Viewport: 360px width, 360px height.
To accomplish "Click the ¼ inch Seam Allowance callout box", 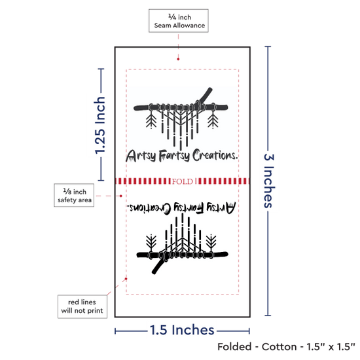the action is [179, 21].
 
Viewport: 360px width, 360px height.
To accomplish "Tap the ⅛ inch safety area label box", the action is [74, 195].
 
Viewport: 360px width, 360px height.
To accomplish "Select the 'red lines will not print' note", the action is [82, 306].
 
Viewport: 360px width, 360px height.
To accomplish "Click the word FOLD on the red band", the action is [183, 181].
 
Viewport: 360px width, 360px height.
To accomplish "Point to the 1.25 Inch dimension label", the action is [100, 125].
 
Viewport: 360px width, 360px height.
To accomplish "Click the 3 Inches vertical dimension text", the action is [268, 181].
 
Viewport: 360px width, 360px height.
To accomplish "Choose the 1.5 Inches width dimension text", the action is [182, 330].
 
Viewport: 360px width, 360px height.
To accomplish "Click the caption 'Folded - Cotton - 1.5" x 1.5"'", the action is [286, 347].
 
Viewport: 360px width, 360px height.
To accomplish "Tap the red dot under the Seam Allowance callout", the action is [178, 59].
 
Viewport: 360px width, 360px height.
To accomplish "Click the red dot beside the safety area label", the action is [121, 196].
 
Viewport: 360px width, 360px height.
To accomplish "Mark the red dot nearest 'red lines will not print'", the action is [126, 279].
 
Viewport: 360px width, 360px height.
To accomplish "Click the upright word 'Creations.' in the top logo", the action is [215, 155].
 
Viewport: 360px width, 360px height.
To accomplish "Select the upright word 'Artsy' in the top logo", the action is [141, 156].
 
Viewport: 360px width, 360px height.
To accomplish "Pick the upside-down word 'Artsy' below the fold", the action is [221, 207].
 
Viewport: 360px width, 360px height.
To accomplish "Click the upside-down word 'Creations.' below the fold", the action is [149, 207].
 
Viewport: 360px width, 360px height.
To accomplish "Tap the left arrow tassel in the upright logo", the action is [151, 119].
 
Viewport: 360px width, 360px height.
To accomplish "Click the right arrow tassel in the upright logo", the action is [213, 119].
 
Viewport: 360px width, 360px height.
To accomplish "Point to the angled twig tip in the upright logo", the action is [210, 89].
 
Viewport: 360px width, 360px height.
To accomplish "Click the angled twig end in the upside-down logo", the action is [154, 272].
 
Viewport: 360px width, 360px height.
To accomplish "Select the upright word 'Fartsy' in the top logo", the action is [174, 156].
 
